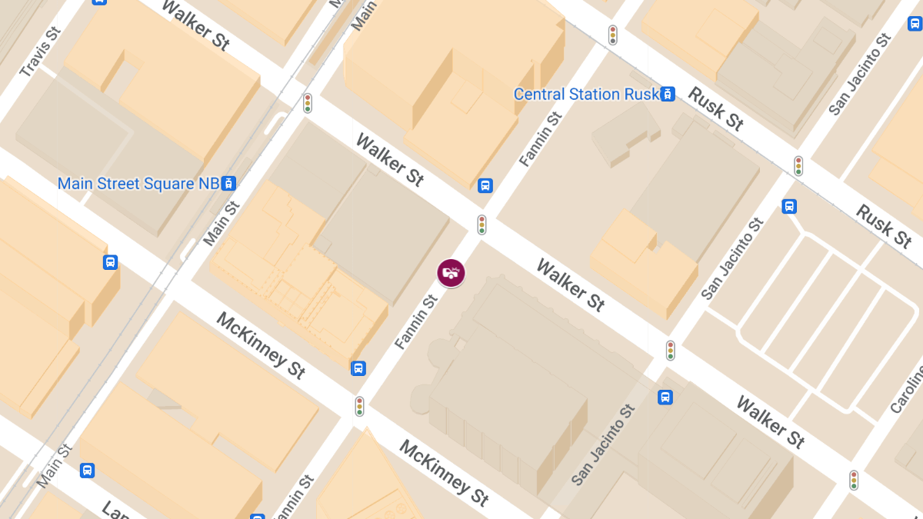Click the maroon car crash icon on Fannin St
452,273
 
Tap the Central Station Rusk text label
586,95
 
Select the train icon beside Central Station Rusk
668,94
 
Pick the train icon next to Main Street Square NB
228,184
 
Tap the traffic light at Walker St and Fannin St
481,224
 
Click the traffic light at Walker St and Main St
308,103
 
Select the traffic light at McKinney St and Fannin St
359,406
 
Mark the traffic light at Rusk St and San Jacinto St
798,165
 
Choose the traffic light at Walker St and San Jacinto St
671,350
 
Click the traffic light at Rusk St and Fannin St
613,35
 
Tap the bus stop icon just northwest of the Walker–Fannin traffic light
485,185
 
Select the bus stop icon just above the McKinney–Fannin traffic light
358,368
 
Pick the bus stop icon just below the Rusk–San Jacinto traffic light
789,206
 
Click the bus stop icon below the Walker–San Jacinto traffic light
665,398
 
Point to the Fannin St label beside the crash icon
416,324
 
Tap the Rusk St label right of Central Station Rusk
716,108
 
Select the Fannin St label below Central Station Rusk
541,139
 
